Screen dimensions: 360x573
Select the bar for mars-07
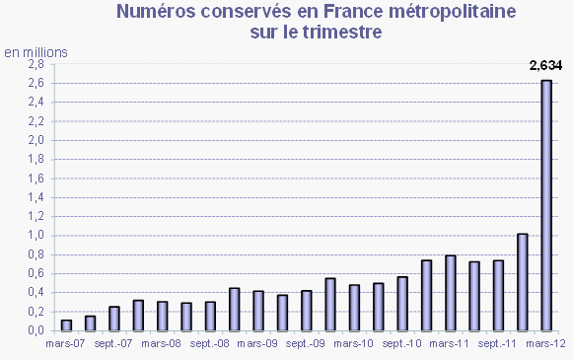(x=67, y=324)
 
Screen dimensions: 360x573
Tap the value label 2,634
(x=545, y=66)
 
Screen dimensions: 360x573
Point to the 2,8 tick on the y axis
(x=36, y=64)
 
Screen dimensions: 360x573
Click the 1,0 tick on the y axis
(x=36, y=236)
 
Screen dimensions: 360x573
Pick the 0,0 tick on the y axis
(x=36, y=330)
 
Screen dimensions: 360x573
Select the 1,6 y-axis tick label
(x=36, y=179)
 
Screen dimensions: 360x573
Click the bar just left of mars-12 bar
(x=523, y=282)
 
